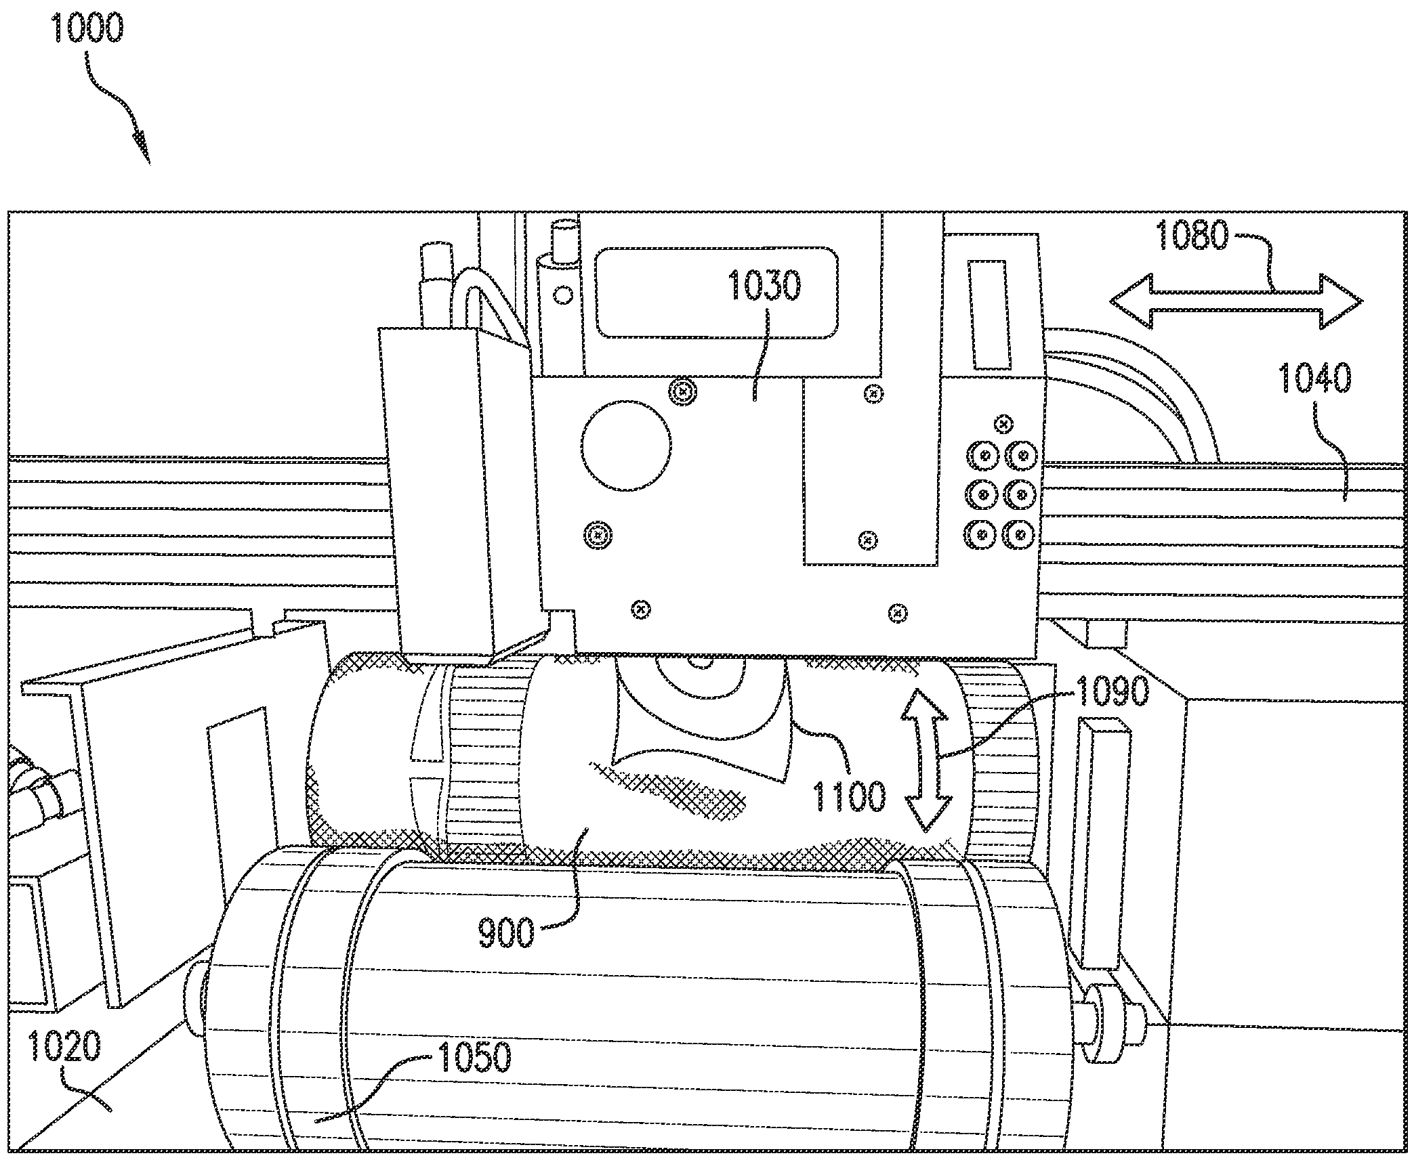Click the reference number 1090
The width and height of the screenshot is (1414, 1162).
pos(1112,692)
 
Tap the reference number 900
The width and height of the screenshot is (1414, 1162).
pos(506,934)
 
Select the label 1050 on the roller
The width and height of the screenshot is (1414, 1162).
pos(475,1057)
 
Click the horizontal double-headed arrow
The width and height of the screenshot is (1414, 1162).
pos(1236,301)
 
